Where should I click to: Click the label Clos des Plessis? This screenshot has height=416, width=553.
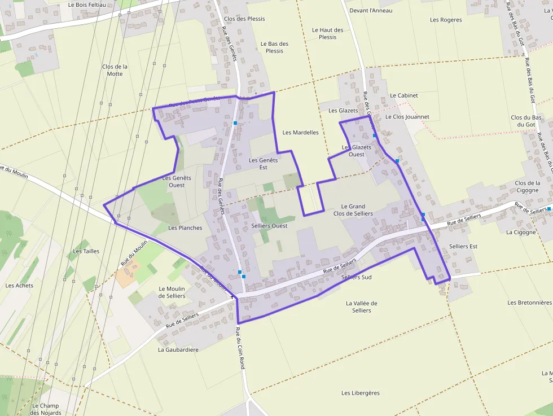pos(244,19)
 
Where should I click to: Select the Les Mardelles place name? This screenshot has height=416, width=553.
pos(300,133)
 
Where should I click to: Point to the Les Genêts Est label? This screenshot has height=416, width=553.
pos(264,164)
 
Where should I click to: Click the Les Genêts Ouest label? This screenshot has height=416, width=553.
pos(177,181)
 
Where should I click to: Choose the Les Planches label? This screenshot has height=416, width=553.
pos(185,228)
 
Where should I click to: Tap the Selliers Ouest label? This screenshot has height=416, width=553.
pos(269,226)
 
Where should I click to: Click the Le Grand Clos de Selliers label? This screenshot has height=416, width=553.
pos(353,210)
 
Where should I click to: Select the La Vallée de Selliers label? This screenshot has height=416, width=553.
pos(361,306)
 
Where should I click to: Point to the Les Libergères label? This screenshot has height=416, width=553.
pos(361,393)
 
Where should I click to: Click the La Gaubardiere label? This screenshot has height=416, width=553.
pos(178,349)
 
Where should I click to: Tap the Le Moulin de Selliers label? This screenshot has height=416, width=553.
pos(172,292)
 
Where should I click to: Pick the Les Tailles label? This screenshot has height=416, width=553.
pos(86,251)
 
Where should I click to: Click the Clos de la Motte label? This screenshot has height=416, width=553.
pos(115,70)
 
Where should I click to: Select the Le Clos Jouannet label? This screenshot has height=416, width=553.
pos(407,117)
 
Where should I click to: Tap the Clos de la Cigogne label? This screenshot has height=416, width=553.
pos(527,186)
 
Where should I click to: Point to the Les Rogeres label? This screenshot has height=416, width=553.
pos(446,20)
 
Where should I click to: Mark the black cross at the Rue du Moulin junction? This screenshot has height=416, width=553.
pos(232,296)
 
